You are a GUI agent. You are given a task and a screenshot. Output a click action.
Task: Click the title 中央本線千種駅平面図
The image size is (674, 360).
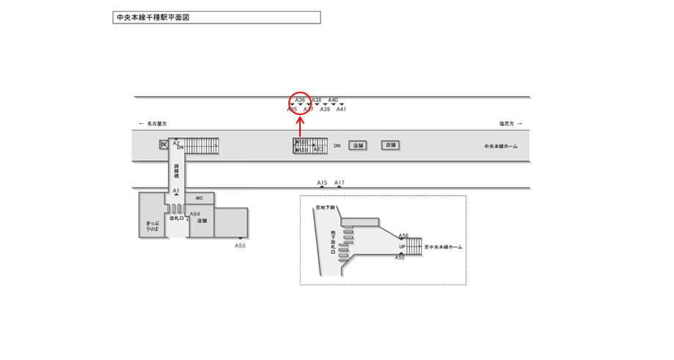coord(153,17)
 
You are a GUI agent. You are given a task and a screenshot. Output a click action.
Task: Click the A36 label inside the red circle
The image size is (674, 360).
coord(300,100)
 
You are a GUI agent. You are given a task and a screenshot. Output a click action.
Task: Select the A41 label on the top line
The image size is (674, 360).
coord(341,109)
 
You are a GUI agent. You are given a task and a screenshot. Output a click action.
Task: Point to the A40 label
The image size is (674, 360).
coord(333,100)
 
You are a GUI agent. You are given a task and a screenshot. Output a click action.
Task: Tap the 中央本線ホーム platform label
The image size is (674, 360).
coord(500,147)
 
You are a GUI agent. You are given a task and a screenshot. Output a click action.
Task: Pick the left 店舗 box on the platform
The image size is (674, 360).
coord(357,146)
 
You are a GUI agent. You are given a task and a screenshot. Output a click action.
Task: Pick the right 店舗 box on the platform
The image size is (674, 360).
coord(390,145)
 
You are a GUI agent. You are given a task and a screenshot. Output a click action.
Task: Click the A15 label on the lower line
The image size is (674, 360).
coord(322,183)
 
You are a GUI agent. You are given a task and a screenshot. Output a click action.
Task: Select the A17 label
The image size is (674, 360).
coord(340,183)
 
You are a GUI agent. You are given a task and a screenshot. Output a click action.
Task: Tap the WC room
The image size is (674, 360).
coord(199,198)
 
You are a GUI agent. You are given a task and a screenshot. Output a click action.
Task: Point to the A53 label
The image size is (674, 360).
coord(240,246)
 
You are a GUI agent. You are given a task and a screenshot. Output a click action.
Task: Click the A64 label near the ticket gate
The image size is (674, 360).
coord(194,214)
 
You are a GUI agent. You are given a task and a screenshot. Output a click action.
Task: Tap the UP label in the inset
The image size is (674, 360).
coord(403,247)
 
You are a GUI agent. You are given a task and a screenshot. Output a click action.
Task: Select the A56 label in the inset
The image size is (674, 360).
coord(403,236)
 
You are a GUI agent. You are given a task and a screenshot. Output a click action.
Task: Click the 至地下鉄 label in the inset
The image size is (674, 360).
coord(325,208)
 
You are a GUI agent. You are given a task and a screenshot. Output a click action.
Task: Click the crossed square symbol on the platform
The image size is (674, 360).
coord(164,144)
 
